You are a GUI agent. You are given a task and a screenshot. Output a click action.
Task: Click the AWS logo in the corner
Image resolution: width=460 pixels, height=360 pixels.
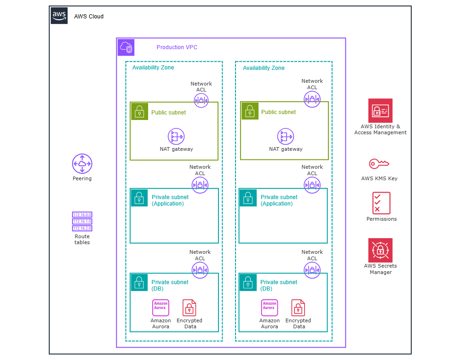[59, 16]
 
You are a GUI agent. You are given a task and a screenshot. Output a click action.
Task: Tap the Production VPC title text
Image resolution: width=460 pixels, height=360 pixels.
[177, 47]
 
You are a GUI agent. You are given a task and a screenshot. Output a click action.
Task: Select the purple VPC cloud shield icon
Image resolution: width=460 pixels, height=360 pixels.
[126, 47]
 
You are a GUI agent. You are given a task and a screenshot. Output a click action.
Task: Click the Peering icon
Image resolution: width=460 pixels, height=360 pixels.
[82, 164]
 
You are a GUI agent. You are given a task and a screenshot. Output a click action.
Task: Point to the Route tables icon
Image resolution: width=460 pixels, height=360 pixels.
[82, 222]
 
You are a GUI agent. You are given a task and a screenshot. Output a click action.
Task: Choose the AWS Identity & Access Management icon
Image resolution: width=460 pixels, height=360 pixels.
[380, 110]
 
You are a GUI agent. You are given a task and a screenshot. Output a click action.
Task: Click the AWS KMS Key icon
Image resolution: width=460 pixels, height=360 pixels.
[379, 163]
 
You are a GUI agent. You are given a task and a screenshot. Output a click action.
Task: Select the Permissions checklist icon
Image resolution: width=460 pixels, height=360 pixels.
[381, 203]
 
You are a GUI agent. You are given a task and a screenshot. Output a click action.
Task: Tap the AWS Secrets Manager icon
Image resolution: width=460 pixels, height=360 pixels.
[380, 250]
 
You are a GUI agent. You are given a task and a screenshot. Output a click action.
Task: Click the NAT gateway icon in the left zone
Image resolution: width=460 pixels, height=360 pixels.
[176, 137]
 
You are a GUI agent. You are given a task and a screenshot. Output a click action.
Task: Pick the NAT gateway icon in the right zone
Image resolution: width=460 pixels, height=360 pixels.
[285, 137]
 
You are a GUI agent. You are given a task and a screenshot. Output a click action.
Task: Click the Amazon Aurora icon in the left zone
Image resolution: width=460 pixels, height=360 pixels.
[161, 308]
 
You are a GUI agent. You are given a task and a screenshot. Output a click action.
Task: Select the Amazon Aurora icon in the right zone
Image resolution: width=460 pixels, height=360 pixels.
[270, 308]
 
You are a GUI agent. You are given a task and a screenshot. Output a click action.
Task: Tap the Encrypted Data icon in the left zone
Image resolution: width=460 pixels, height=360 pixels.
[189, 308]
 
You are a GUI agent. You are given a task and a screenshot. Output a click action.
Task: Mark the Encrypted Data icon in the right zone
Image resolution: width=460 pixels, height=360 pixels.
[298, 308]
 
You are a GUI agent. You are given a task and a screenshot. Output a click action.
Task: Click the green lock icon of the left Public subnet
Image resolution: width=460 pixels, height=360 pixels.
[139, 111]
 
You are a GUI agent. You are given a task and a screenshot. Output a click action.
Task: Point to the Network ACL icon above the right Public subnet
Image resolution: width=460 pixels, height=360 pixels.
[312, 99]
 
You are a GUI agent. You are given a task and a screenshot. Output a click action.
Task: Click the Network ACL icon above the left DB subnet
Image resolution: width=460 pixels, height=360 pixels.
[200, 270]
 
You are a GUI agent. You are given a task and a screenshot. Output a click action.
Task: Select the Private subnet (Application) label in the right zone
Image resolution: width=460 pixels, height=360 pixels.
[279, 200]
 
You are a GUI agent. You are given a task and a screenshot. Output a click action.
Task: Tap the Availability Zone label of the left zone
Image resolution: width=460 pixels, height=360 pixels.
[153, 68]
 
